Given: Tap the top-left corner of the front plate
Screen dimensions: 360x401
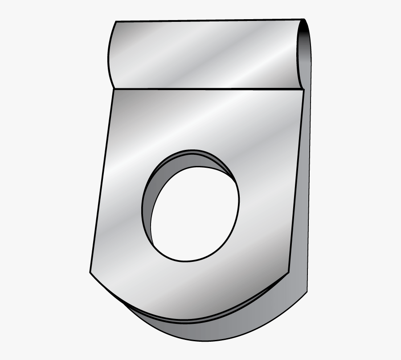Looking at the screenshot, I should (x=115, y=89).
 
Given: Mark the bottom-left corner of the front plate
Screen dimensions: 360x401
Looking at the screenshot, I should (x=90, y=272).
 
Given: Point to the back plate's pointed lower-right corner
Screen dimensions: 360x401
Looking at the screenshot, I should (x=307, y=292).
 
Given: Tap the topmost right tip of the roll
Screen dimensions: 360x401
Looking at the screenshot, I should (x=304, y=20).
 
